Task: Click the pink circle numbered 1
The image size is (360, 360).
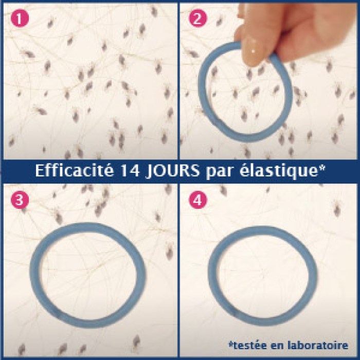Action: pyautogui.click(x=20, y=18)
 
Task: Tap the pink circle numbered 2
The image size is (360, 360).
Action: pyautogui.click(x=198, y=18)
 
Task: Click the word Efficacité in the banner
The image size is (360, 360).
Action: pyautogui.click(x=75, y=171)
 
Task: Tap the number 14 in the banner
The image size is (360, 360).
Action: pyautogui.click(x=130, y=171)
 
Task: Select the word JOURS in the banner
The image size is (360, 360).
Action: pyautogui.click(x=173, y=171)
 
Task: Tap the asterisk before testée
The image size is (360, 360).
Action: pyautogui.click(x=231, y=344)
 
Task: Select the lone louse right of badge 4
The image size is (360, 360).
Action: pyautogui.click(x=337, y=208)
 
